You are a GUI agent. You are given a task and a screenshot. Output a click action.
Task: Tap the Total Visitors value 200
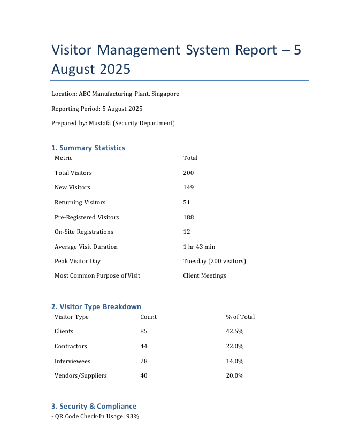tap(188, 173)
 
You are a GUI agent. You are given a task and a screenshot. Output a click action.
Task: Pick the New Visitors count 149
tap(188, 187)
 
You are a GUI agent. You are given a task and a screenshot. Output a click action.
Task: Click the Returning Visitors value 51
tap(187, 202)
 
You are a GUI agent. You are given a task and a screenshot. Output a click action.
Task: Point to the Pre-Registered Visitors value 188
tap(188, 217)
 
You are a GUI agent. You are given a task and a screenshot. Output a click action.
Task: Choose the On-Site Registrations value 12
tap(187, 232)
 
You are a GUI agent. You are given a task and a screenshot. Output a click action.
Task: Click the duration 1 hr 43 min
tap(199, 247)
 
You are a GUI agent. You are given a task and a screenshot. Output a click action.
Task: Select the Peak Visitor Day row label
tap(78, 261)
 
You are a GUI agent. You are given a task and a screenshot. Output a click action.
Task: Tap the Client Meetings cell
tap(204, 275)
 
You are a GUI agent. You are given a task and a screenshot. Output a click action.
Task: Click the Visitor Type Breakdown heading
tap(96, 306)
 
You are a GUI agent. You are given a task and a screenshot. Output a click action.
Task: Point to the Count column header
tap(148, 317)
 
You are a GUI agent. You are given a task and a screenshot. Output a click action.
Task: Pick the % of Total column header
tap(240, 317)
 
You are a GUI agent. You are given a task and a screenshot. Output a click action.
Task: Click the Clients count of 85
tap(144, 331)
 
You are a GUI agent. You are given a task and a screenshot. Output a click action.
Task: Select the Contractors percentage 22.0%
tap(235, 346)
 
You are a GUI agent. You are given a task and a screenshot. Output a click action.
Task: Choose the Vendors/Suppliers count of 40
tap(144, 375)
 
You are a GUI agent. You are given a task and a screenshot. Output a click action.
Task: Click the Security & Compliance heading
tap(94, 406)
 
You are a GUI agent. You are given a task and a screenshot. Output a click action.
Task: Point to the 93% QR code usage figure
tap(133, 416)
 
